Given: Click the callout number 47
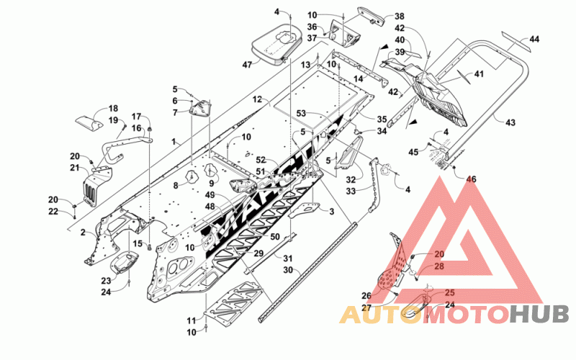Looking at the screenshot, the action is pos(247,65).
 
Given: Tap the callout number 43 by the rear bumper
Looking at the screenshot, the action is pos(510,122).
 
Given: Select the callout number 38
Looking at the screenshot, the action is pos(400,16).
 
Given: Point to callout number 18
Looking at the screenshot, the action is pos(113,109).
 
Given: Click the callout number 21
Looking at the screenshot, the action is pos(75,168).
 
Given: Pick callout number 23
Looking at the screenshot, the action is pos(106,281).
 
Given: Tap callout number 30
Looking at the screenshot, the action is pos(289,270).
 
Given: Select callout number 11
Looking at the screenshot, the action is pos(191,320).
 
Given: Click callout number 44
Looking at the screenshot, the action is pos(534,39).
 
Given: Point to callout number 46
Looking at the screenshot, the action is pos(472,179).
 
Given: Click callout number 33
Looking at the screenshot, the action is pos(351,191).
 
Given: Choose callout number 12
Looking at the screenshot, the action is pos(257,99).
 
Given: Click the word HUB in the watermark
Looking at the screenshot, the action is pos(539,315).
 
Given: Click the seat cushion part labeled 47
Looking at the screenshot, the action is pos(277,43).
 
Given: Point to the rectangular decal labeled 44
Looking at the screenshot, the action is pos(516,42).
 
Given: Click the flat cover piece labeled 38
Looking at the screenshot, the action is pos(371,15).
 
